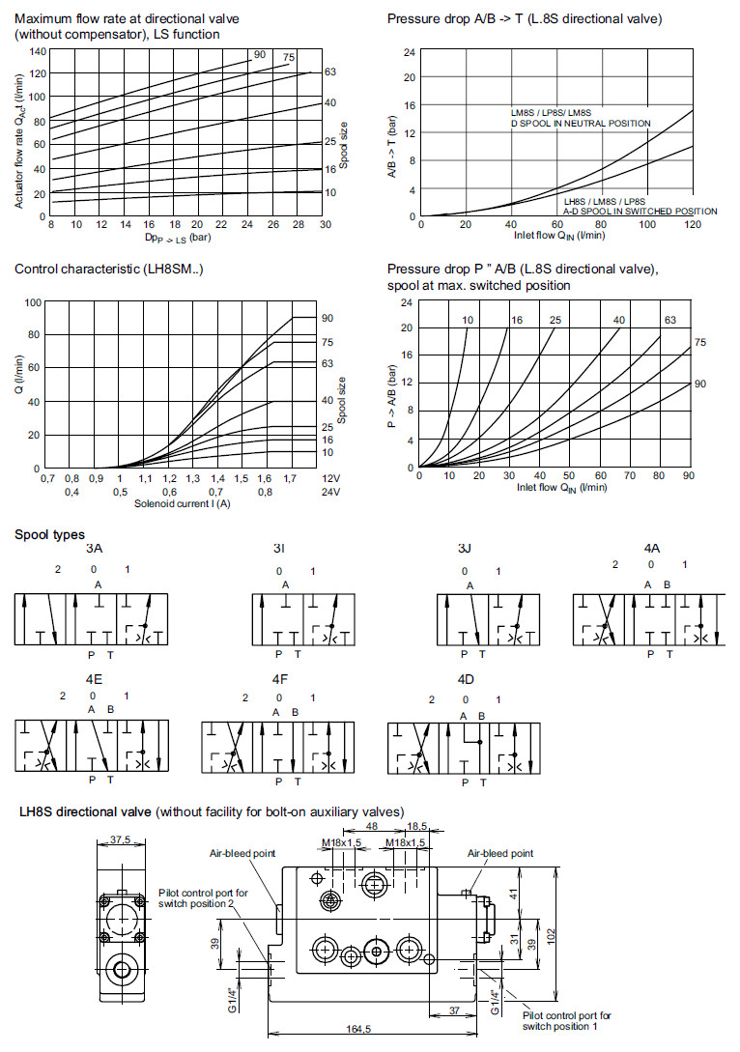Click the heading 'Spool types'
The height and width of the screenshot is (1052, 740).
click(50, 534)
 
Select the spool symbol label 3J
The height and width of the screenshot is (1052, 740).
click(465, 549)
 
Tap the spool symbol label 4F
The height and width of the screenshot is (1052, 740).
click(280, 678)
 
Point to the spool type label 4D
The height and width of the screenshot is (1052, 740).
click(466, 678)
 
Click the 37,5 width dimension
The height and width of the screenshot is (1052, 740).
click(120, 839)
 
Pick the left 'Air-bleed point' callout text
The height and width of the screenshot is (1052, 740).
click(242, 853)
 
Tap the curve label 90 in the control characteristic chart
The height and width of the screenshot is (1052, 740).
click(327, 318)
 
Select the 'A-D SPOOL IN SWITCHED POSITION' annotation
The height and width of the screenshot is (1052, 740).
click(640, 211)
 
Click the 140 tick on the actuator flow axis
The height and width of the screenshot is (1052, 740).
click(38, 50)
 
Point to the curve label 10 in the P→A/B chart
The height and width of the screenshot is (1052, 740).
click(467, 320)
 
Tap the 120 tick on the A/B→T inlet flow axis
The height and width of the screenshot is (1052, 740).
click(692, 225)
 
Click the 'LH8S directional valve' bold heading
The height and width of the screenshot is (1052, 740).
click(85, 811)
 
